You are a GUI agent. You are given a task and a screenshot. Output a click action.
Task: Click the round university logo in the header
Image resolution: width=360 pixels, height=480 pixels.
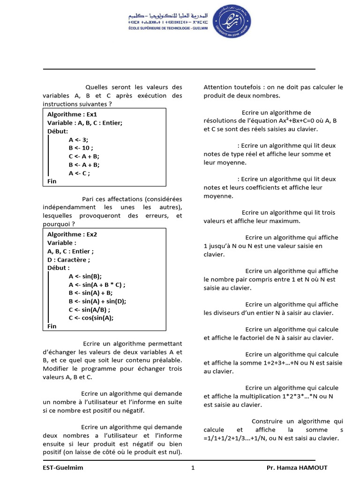click(232, 23)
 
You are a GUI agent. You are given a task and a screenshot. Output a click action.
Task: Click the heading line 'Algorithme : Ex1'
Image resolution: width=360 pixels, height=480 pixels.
click(72, 114)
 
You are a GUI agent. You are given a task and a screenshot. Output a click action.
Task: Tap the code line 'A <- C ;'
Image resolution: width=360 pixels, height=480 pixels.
click(79, 173)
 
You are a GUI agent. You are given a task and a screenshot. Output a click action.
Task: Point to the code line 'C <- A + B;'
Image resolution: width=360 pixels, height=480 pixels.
click(84, 156)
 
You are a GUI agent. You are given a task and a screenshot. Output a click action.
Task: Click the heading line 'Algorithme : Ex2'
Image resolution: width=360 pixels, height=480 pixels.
click(72, 234)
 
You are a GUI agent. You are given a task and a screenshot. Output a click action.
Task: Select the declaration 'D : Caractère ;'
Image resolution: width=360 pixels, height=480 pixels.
click(69, 259)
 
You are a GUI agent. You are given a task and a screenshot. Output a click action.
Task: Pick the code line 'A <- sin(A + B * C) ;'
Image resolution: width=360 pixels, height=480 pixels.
click(97, 285)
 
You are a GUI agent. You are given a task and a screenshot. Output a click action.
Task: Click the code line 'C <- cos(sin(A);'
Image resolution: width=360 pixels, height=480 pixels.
click(91, 318)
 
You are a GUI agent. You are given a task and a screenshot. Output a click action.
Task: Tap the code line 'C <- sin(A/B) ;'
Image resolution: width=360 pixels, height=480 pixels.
click(90, 309)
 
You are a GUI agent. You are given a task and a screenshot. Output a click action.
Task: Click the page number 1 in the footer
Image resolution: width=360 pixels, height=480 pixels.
click(193, 467)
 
